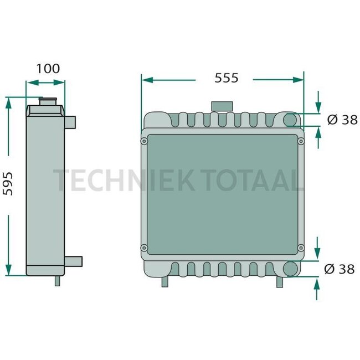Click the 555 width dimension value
[227, 78]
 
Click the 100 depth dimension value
[48, 69]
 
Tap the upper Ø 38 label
[342, 119]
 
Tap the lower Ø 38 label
[342, 269]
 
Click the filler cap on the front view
[222, 106]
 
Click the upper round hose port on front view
[291, 119]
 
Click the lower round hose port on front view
[291, 269]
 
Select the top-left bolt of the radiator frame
[145, 142]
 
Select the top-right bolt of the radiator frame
[301, 142]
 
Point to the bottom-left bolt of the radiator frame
[145, 247]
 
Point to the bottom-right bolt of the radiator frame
[301, 247]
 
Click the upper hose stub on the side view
[71, 120]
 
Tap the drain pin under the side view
[57, 280]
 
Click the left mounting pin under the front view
[164, 281]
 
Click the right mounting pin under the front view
[280, 281]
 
